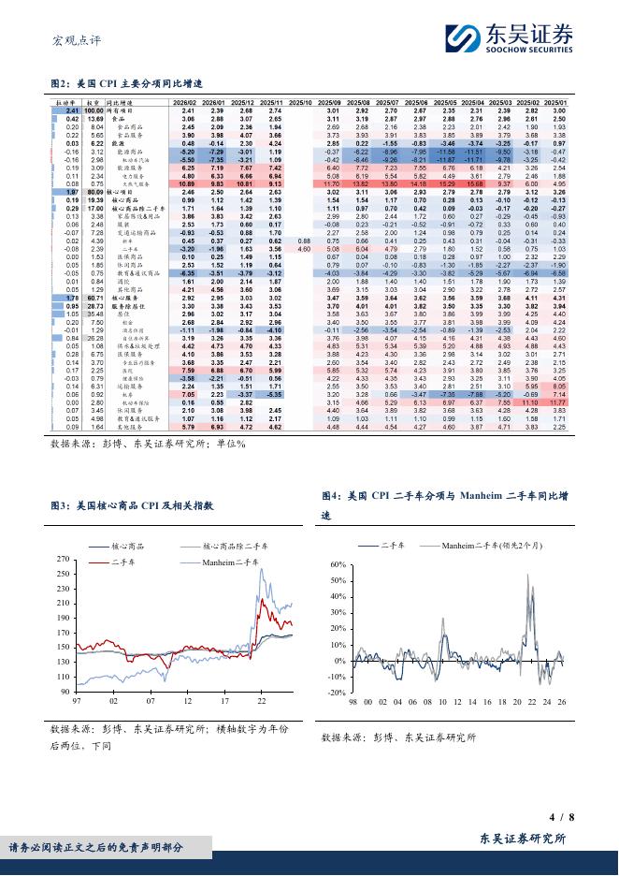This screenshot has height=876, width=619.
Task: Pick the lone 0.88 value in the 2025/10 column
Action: click(304, 241)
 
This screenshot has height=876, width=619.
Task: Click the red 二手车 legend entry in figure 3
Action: click(126, 562)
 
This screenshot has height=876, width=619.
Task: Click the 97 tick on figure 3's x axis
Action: click(79, 700)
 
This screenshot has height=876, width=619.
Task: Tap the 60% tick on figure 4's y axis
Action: click(338, 565)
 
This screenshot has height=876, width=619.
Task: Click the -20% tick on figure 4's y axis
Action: click(336, 693)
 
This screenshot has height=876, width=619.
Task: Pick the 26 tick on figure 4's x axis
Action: click(561, 702)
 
